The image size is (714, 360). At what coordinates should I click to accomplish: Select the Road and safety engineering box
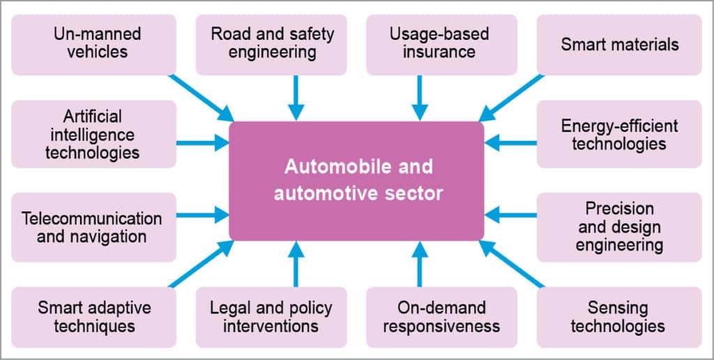(271, 44)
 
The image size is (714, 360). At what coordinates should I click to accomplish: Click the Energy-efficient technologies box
(619, 135)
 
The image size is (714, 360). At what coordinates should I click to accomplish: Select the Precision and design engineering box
(619, 227)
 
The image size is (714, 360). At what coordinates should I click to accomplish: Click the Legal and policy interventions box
(271, 316)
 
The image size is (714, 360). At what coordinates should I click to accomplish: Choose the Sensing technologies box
(619, 316)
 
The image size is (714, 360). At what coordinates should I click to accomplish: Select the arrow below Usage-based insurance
(419, 98)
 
